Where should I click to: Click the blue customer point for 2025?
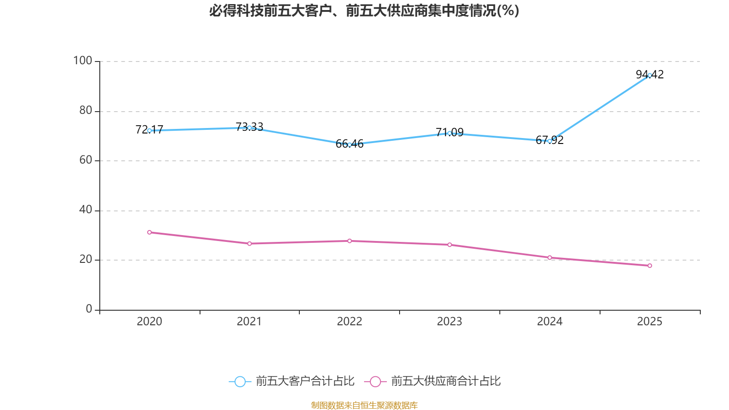coord(650,75)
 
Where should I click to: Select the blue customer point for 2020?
coord(149,130)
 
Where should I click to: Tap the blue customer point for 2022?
coord(349,144)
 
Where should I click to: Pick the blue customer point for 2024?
coord(549,141)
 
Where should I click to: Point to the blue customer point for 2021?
coord(249,128)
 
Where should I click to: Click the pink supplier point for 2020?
coord(149,232)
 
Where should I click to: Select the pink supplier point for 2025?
coord(650,266)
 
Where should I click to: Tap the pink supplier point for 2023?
coord(449,245)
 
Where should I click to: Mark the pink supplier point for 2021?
coord(249,244)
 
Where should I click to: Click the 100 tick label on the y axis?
coord(82,61)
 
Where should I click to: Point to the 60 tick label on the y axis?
coord(86,160)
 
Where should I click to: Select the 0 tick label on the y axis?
coord(89,309)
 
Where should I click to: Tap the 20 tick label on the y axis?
coord(86,259)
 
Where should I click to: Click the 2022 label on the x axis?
coord(349,322)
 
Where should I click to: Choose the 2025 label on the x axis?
coord(650,322)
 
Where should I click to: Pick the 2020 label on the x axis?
coord(149,322)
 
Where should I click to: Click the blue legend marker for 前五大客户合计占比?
coord(240,381)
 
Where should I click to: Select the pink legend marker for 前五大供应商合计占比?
coord(375,381)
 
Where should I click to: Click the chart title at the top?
coord(364,10)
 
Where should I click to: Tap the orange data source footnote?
coord(364,405)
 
